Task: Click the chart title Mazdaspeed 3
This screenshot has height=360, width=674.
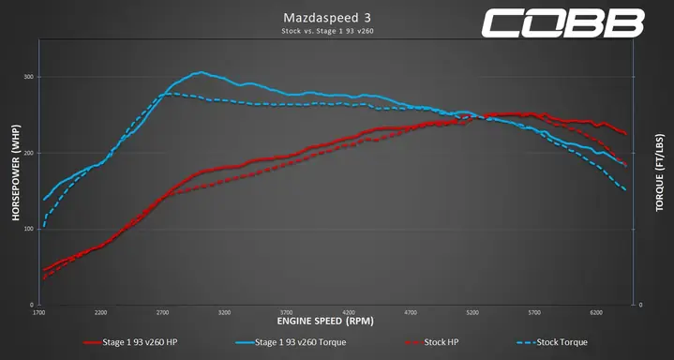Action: pyautogui.click(x=337, y=18)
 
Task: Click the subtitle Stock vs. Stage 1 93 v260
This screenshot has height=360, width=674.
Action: pyautogui.click(x=337, y=32)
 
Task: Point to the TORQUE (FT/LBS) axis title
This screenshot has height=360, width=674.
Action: pyautogui.click(x=660, y=185)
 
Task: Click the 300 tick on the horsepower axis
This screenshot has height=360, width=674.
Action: pyautogui.click(x=29, y=77)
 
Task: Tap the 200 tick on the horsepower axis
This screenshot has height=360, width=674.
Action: pyautogui.click(x=29, y=153)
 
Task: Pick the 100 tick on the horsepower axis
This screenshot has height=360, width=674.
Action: pyautogui.click(x=29, y=229)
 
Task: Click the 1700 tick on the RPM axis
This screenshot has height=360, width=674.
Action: pyautogui.click(x=39, y=312)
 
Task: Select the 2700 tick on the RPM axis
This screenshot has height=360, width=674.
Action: pyautogui.click(x=163, y=312)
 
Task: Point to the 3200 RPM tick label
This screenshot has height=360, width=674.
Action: pyautogui.click(x=225, y=312)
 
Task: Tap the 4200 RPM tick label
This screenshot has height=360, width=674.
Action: pyautogui.click(x=349, y=312)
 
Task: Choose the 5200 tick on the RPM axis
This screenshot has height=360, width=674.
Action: pyautogui.click(x=472, y=312)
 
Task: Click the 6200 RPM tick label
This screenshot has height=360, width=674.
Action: pyautogui.click(x=596, y=312)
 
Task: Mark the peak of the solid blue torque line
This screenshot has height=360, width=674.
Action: pyautogui.click(x=200, y=72)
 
